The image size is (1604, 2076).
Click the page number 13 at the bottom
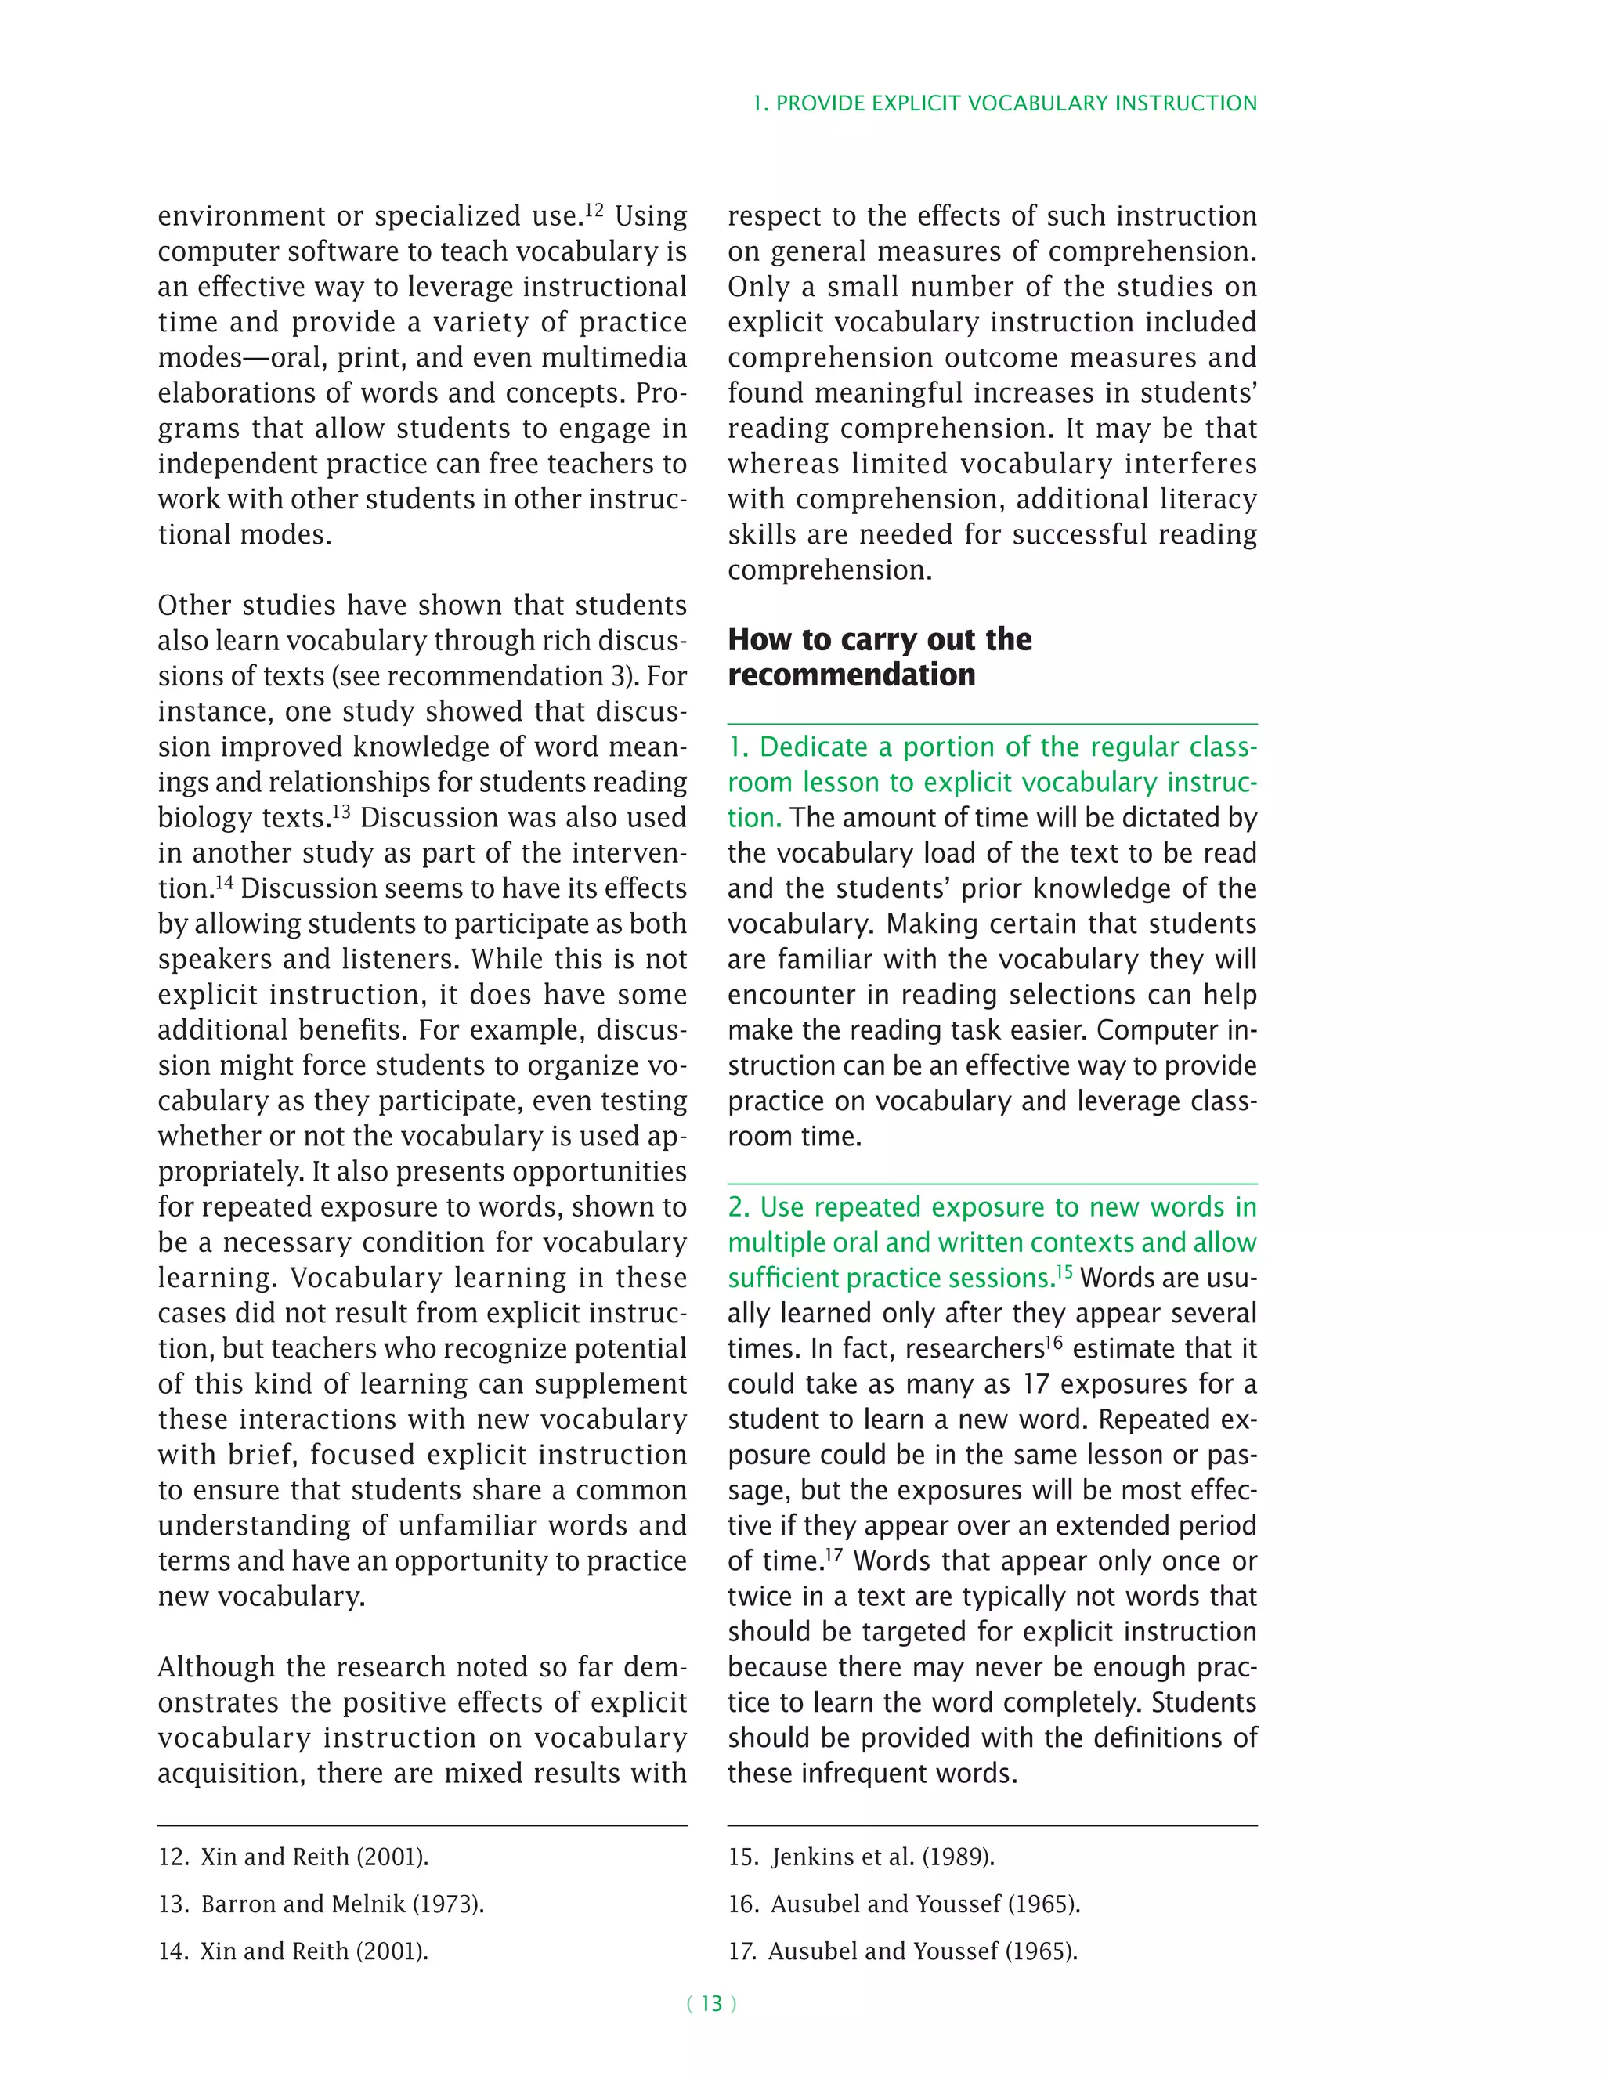coord(711,2004)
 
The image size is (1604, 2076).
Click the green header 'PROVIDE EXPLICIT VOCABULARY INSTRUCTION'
coord(1016,103)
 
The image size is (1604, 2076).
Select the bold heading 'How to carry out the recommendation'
coord(879,656)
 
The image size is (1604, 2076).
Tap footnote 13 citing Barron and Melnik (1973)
coord(321,1904)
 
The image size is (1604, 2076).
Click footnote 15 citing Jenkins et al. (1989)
coord(861,1857)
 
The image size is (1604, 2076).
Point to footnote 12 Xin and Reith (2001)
coord(293,1857)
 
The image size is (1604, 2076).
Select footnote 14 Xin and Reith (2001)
coord(293,1951)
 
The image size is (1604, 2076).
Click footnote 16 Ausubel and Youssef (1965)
coord(904,1904)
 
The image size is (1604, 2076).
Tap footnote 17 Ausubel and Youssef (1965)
coord(903,1951)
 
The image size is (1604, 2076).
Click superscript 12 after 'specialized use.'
coord(594,209)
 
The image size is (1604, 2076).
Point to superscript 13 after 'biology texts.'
coord(340,811)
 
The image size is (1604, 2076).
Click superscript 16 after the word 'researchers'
coord(1054,1342)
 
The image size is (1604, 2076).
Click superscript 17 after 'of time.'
coord(833,1555)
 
